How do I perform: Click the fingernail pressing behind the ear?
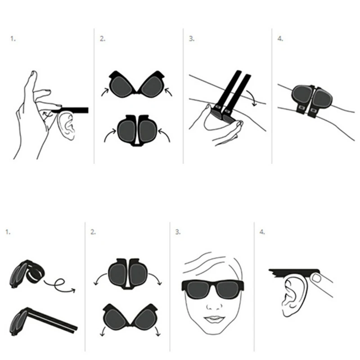coord(317,279)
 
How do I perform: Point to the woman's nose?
coord(215,306)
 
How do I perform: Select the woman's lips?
coord(214,319)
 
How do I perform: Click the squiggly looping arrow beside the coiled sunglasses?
coord(59,286)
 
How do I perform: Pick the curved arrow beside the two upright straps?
coord(252,98)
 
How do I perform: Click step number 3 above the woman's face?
coord(178,232)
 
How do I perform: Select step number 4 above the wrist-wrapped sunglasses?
coord(280,39)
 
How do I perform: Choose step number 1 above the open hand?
coord(13,39)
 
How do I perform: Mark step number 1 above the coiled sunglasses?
coord(8,232)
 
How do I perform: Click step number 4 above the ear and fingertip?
coord(262,232)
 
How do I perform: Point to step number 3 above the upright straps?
coord(192,39)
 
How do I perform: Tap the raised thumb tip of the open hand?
coord(33,73)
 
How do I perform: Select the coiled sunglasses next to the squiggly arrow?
coord(27,274)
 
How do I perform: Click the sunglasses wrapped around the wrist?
coord(311,99)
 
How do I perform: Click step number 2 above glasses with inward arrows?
coord(103,39)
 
